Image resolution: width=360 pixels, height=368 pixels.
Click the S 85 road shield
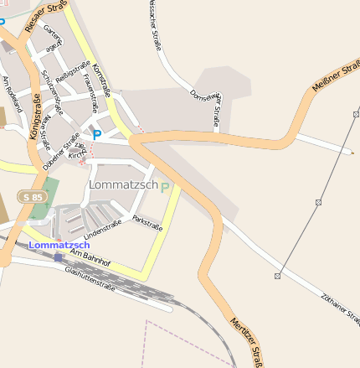tap(33, 196)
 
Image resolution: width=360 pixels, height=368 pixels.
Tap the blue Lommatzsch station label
tap(59, 244)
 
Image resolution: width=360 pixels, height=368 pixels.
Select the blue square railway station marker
tap(58, 257)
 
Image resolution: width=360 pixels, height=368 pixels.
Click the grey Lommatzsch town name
tap(122, 184)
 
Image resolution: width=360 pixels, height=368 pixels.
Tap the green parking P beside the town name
tap(165, 187)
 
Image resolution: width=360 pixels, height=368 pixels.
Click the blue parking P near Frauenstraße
tap(97, 132)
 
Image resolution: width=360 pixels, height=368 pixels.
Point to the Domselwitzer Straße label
tap(206, 108)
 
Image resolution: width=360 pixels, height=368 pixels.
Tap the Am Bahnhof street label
tap(90, 257)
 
